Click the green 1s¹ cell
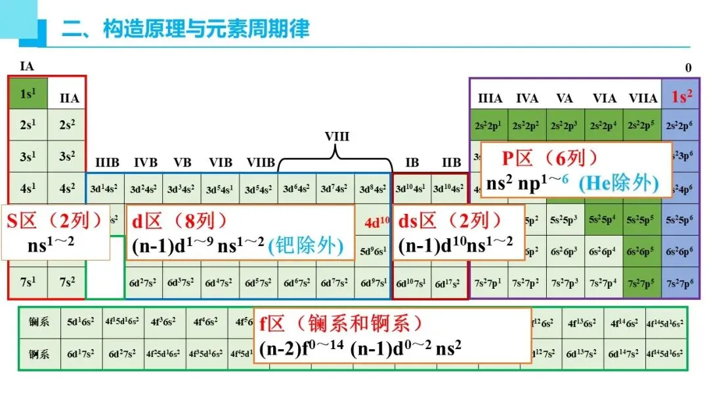click(x=27, y=94)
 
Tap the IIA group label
click(x=69, y=98)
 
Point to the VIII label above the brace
click(x=337, y=136)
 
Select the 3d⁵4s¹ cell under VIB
click(x=220, y=190)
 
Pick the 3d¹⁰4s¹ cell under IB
click(x=411, y=190)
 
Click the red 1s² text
click(x=682, y=97)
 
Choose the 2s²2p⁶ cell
click(x=679, y=125)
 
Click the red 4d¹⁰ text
click(x=377, y=221)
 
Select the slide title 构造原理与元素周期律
click(x=186, y=29)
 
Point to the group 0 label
click(x=688, y=68)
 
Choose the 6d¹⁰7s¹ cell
click(x=411, y=283)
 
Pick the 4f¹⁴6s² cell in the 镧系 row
click(x=624, y=322)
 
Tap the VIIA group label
click(x=643, y=98)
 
